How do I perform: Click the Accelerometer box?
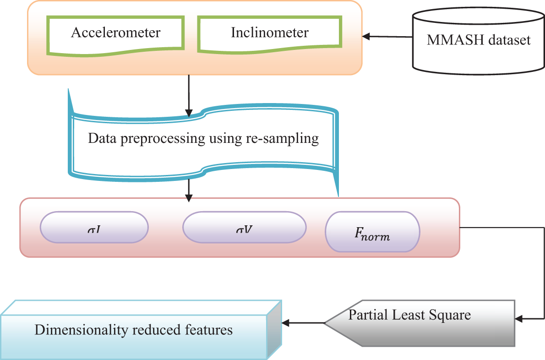(116, 33)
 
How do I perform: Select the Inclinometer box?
(270, 33)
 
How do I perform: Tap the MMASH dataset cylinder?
(479, 40)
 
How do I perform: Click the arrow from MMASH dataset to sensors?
(387, 37)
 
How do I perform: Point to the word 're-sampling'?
(287, 138)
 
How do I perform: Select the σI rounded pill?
(94, 226)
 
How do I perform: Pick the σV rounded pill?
(244, 226)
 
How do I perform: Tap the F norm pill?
(372, 232)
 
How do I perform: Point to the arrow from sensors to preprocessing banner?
(188, 94)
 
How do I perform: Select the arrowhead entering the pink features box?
(188, 197)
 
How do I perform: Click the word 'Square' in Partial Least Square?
(453, 315)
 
